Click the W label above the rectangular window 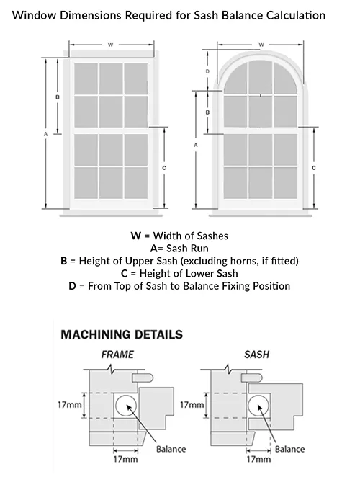(111, 45)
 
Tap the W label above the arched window (261, 45)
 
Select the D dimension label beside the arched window (207, 71)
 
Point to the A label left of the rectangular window (46, 134)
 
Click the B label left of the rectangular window (58, 97)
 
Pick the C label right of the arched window (314, 168)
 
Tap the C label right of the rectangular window (164, 168)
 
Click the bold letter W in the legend (135, 236)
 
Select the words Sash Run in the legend (187, 249)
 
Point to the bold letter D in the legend (72, 286)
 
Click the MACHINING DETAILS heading (122, 334)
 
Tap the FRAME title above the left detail (117, 355)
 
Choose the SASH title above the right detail (256, 355)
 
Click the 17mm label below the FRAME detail (125, 459)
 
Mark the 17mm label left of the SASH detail (192, 405)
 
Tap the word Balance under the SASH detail (289, 449)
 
